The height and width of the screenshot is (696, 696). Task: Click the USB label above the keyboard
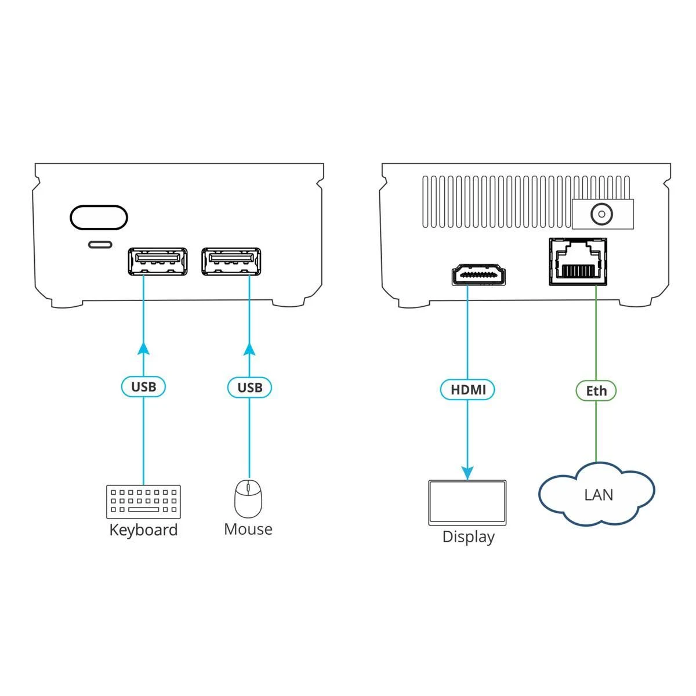[143, 387]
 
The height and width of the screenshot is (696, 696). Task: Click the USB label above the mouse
[249, 387]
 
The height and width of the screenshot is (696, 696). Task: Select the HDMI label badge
[467, 390]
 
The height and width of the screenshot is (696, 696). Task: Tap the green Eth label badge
[596, 390]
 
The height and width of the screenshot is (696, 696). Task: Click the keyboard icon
[143, 501]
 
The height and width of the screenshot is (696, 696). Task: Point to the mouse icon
[248, 498]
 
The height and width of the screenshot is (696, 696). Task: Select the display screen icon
[467, 502]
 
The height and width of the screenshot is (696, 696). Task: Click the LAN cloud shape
[597, 494]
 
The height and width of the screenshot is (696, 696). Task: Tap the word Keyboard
[143, 530]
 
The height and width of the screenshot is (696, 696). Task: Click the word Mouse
[248, 529]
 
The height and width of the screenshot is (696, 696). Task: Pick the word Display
[468, 536]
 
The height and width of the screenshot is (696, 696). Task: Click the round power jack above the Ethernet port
[601, 215]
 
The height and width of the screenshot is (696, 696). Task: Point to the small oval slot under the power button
[100, 244]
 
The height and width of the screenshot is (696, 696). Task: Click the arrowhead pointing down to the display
[467, 473]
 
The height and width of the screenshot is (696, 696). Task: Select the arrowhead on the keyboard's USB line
[143, 348]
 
